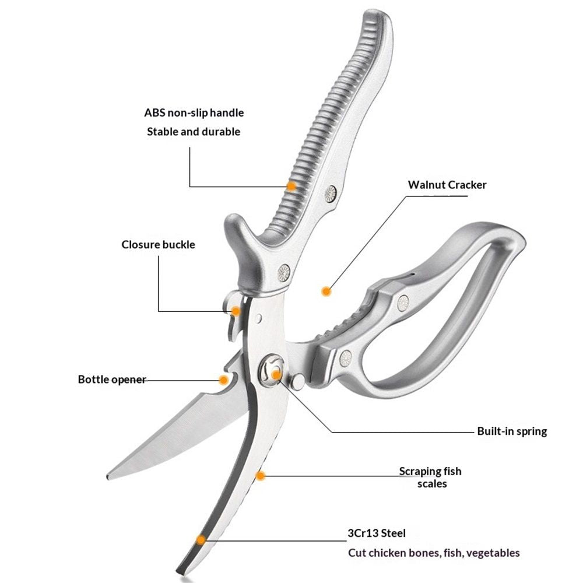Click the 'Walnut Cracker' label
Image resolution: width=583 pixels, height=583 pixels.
(x=447, y=185)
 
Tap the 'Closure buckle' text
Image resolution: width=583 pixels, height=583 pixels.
(x=158, y=245)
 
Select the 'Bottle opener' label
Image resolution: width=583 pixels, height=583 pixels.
(x=112, y=380)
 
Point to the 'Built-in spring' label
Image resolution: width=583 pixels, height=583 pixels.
(x=512, y=431)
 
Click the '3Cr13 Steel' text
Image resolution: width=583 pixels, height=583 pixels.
(x=376, y=533)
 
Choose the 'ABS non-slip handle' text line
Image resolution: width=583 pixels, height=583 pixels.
(x=194, y=113)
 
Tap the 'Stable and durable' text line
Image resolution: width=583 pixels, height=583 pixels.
(x=194, y=132)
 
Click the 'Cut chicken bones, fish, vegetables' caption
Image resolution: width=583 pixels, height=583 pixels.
(x=434, y=553)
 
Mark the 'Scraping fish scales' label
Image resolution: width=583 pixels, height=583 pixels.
(x=431, y=477)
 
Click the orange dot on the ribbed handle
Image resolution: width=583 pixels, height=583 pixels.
(x=292, y=186)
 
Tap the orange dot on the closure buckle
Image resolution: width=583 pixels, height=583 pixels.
(x=236, y=311)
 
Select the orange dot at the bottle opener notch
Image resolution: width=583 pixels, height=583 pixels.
(x=223, y=380)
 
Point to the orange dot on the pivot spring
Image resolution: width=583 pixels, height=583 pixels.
(x=276, y=375)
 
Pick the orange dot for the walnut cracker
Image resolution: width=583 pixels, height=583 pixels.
(x=326, y=291)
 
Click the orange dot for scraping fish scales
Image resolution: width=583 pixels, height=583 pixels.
(x=261, y=476)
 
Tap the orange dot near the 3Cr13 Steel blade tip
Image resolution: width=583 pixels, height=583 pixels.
(x=201, y=540)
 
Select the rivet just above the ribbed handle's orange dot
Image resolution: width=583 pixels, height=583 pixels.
(x=331, y=194)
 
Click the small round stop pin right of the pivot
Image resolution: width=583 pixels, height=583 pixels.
(x=297, y=382)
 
